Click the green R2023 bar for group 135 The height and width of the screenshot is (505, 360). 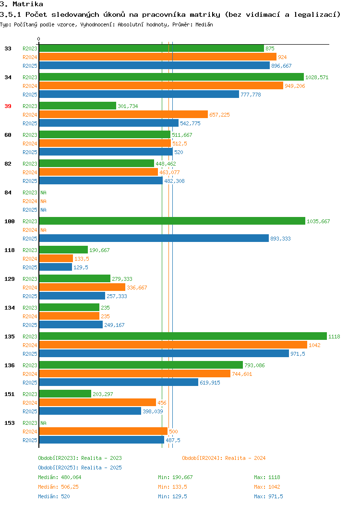[x=183, y=336]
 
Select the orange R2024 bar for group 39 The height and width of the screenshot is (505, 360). [x=124, y=114]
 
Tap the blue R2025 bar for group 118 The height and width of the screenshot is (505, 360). [x=56, y=267]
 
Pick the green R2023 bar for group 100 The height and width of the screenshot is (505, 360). [x=172, y=221]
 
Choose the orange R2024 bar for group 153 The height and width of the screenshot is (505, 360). [x=103, y=431]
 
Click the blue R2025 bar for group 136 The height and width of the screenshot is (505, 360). [x=119, y=382]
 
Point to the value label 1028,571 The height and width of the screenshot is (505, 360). [x=317, y=77]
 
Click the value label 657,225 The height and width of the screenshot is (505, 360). [x=220, y=115]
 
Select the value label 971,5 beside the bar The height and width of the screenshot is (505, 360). [x=298, y=354]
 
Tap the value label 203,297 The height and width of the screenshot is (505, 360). [x=103, y=394]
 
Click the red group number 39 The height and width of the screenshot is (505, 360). [x=8, y=106]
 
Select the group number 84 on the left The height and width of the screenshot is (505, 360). [x=8, y=192]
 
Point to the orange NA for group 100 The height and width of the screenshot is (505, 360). [x=44, y=230]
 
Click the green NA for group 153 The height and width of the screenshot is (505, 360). [x=44, y=423]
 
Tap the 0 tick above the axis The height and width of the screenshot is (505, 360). [x=39, y=39]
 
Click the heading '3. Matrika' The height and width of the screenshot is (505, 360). [x=22, y=4]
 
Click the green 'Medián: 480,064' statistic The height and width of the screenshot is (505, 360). [x=60, y=477]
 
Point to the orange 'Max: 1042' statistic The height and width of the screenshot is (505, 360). [x=267, y=487]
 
